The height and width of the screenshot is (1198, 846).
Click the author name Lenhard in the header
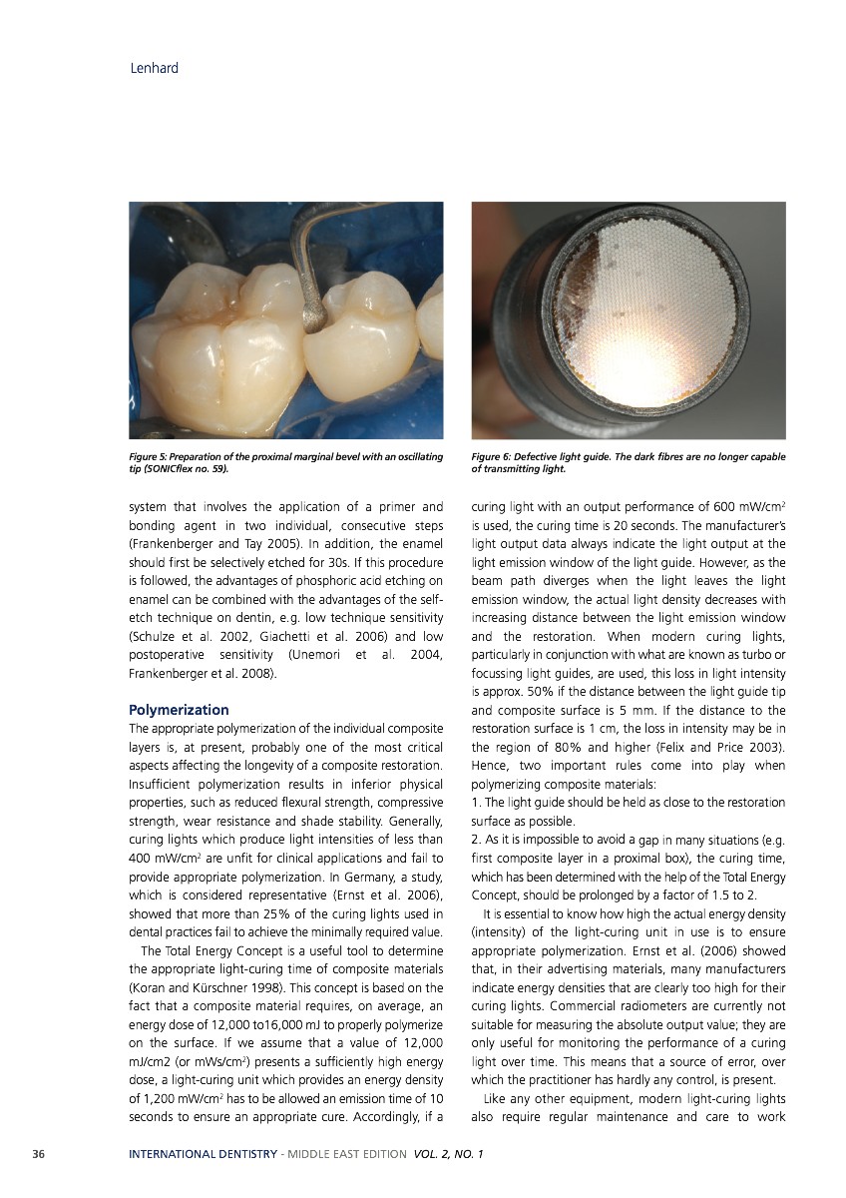154,69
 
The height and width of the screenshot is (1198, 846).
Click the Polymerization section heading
179,710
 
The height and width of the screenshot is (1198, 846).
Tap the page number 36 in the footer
41,1154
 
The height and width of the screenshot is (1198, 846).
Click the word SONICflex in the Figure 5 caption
173,467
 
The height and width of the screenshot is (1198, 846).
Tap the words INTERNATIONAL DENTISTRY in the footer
203,1154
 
